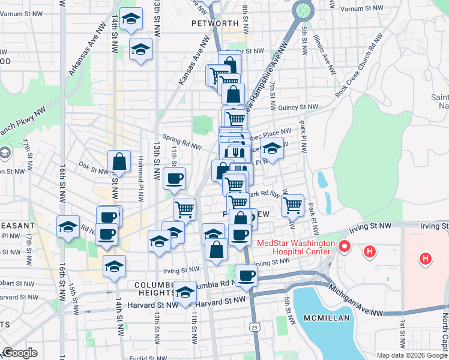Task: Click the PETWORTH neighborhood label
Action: [215, 23]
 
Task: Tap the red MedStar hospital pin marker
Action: [345, 246]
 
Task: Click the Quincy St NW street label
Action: [298, 107]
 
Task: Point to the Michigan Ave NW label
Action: [357, 300]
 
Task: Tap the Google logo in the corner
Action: [20, 353]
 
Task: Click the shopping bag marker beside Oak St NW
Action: [119, 161]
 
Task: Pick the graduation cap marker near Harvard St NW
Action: [185, 292]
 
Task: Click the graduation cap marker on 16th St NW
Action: [68, 226]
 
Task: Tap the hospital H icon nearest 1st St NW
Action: [426, 259]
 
